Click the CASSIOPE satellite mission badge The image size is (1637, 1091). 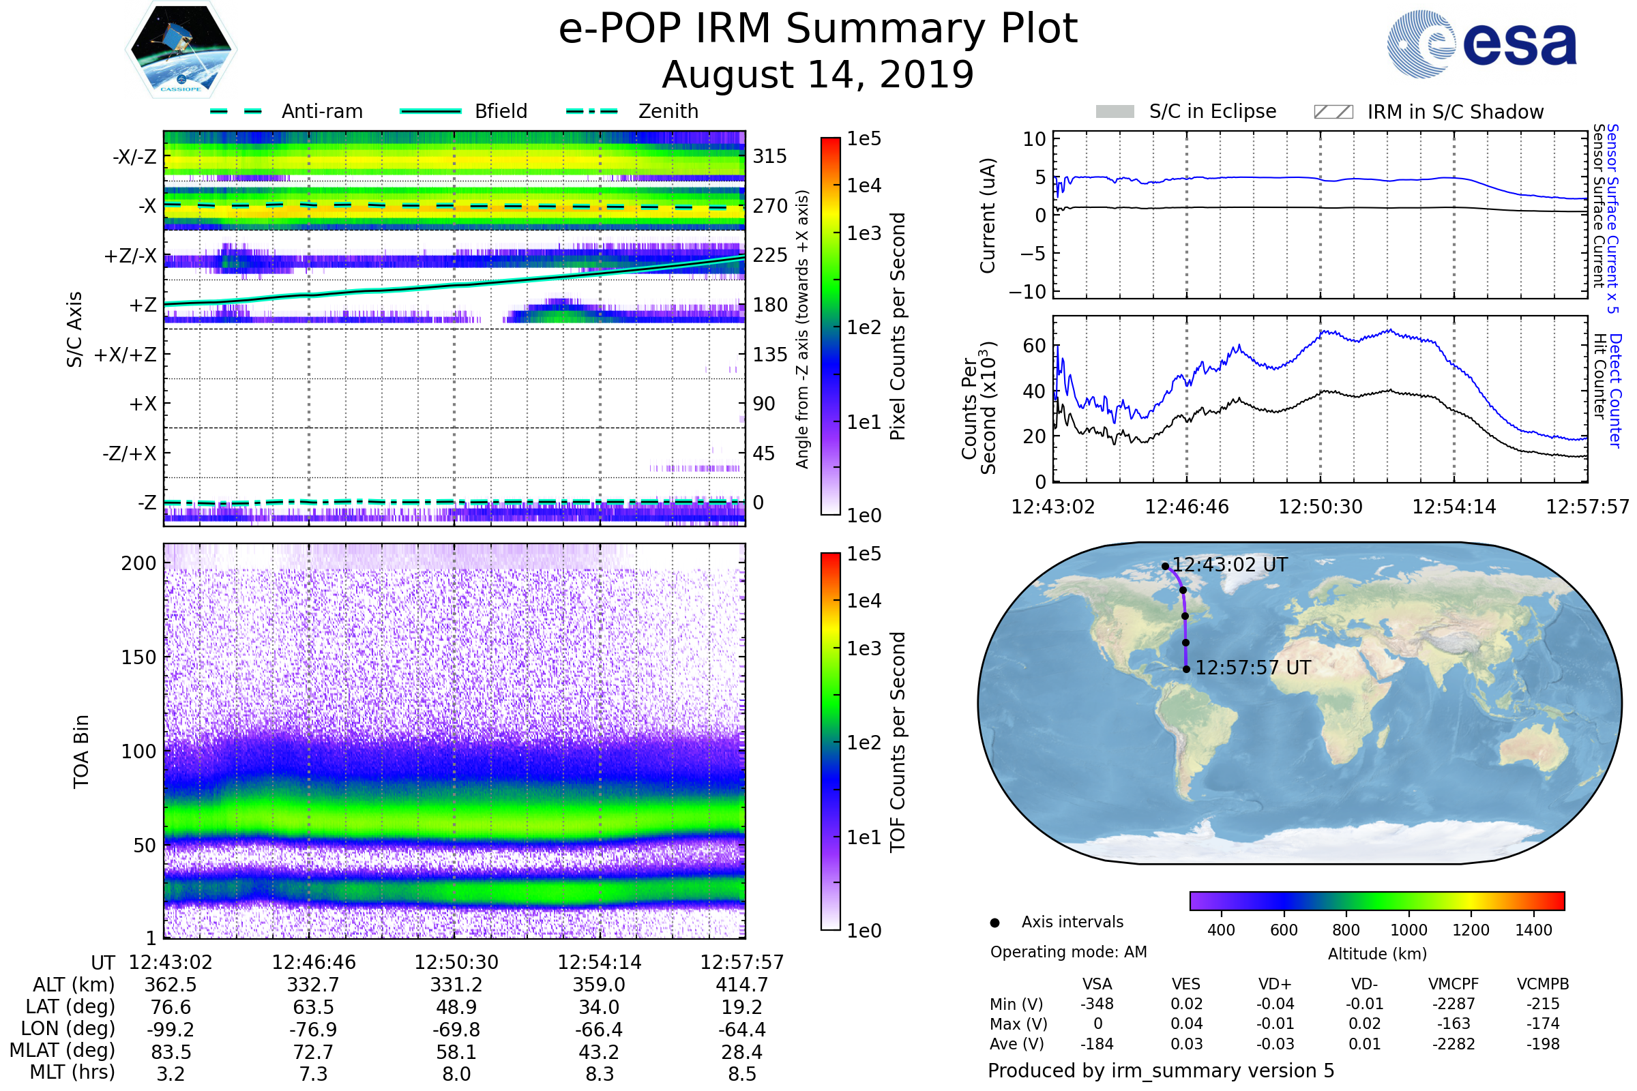(181, 49)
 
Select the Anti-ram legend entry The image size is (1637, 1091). (286, 111)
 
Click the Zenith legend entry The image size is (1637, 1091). (632, 111)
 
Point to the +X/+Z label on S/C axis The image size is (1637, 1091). (126, 355)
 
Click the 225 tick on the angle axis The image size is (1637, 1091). (770, 255)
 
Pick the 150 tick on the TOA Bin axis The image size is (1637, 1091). (138, 657)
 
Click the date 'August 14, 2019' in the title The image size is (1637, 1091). (818, 74)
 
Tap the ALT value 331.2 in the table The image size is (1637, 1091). (456, 985)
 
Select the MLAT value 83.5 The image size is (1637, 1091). (171, 1052)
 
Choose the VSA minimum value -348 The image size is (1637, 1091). (1097, 1004)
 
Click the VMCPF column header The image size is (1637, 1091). (1454, 985)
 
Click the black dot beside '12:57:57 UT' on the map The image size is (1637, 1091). (1187, 670)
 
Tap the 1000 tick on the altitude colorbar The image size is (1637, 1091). (1409, 930)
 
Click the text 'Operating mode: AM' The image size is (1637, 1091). (1068, 952)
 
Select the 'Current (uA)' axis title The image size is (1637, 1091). (988, 215)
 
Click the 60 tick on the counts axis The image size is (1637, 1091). (1034, 346)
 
